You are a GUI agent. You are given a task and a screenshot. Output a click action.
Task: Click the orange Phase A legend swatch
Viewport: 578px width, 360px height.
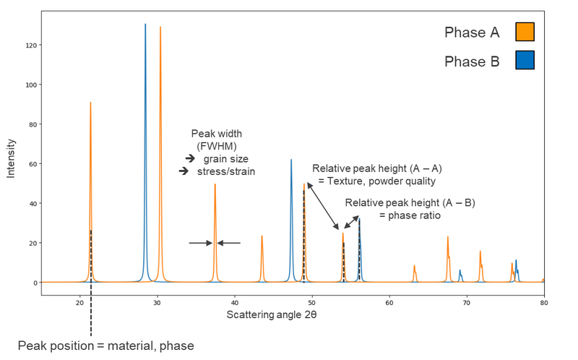(525, 32)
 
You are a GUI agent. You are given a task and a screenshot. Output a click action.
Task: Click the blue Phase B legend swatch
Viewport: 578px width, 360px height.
(525, 60)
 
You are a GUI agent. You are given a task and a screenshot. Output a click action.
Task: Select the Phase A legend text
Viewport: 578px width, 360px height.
(471, 33)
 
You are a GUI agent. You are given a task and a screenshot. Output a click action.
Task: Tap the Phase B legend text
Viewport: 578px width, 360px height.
(471, 61)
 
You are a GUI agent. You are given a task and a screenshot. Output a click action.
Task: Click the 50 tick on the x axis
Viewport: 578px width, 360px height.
(311, 304)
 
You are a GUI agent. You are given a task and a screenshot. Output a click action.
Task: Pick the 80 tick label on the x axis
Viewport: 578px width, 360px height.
(543, 304)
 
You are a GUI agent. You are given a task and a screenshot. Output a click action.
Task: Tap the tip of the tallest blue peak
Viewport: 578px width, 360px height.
(145, 25)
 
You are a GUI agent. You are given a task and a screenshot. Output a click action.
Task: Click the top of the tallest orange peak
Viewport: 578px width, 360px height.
(160, 27)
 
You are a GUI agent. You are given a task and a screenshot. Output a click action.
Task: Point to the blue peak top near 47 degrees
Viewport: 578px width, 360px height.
(291, 160)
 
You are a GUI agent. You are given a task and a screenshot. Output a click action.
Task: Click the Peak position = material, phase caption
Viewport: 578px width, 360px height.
(105, 346)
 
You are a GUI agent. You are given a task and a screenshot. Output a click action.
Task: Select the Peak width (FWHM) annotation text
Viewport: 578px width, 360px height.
(216, 140)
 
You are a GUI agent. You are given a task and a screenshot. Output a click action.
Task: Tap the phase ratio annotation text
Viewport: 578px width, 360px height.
(410, 215)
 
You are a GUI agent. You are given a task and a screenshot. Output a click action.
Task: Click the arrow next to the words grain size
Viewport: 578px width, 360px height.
(190, 158)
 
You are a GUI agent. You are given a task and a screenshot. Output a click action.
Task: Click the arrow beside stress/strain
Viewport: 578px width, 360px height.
(184, 171)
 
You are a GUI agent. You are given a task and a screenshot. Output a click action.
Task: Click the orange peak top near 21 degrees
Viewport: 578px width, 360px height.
(90, 103)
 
